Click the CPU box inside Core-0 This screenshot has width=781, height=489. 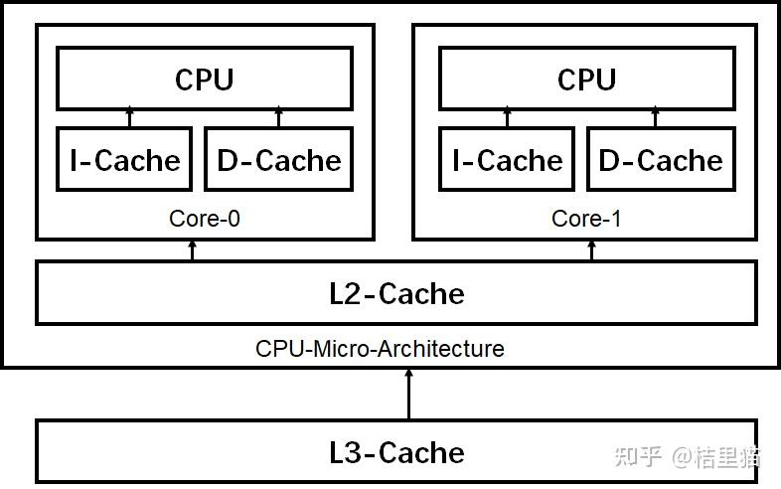point(204,79)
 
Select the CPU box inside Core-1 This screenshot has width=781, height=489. point(586,79)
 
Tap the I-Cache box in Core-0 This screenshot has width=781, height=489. point(124,159)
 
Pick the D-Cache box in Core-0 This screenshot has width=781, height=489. point(278,159)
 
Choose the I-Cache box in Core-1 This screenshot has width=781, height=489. point(507,159)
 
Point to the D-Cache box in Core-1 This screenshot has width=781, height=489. point(661,159)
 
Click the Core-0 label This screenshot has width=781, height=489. point(205,218)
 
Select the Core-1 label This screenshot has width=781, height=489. point(586,218)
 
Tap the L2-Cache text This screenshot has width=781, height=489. point(396,293)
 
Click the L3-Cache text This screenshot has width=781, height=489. point(396,452)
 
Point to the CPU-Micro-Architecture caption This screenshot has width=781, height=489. point(380,349)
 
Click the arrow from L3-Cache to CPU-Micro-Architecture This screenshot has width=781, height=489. point(408,394)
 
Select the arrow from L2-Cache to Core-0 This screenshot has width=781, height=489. point(193,250)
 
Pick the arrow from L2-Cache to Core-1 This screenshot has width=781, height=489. point(592,250)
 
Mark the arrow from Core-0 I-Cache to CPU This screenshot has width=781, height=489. point(129,118)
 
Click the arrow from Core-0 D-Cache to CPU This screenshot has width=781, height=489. point(278,118)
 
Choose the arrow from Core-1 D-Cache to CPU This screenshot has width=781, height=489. point(655,118)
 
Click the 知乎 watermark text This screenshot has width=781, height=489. point(639,456)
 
